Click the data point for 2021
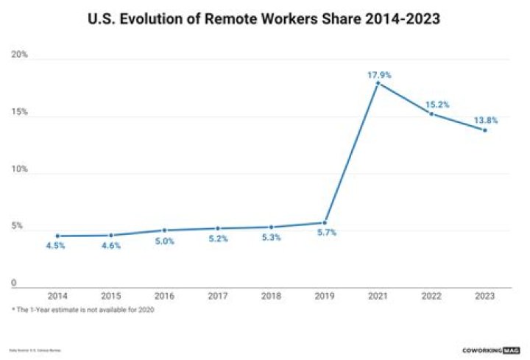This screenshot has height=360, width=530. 378,83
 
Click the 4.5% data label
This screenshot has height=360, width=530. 55,245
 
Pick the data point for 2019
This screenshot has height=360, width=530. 324,222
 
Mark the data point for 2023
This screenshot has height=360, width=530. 484,130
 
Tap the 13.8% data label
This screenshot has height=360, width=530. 485,120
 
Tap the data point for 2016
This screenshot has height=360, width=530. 164,230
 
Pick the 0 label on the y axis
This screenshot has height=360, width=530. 14,283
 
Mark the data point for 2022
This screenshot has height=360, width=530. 431,114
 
